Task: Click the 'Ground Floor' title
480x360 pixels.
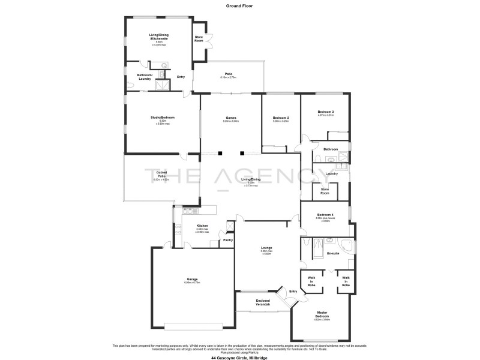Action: pyautogui.click(x=239, y=5)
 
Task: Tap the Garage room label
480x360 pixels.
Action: pyautogui.click(x=192, y=280)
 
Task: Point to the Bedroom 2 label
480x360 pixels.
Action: pyautogui.click(x=281, y=118)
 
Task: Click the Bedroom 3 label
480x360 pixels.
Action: pyautogui.click(x=326, y=112)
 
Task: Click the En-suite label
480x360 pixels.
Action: pyautogui.click(x=334, y=253)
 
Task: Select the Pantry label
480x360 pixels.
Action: pyautogui.click(x=228, y=240)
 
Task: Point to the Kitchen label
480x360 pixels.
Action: pyautogui.click(x=202, y=226)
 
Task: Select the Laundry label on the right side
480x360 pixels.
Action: pyautogui.click(x=331, y=174)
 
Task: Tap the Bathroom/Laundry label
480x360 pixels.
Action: pyautogui.click(x=145, y=77)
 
